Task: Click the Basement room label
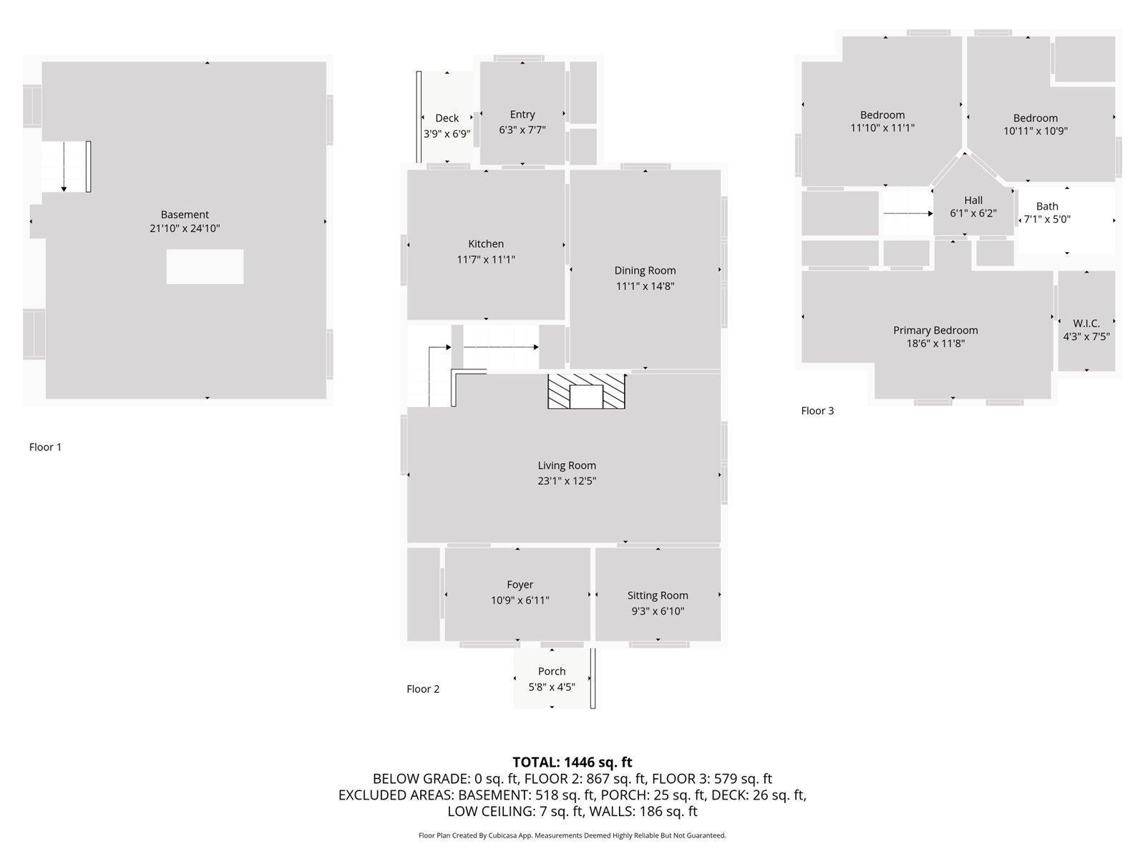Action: click(185, 215)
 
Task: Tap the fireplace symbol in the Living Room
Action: click(586, 392)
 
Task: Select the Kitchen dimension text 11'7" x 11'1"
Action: click(486, 260)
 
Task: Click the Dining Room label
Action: click(645, 271)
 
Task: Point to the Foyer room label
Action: click(520, 585)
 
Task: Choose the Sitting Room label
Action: click(658, 596)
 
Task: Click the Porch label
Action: click(552, 671)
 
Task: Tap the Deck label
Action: click(447, 118)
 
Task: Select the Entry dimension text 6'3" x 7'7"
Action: click(522, 130)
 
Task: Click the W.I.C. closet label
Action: click(1086, 324)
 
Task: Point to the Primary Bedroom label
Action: click(935, 330)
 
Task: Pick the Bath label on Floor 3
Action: click(1047, 206)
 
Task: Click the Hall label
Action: click(973, 200)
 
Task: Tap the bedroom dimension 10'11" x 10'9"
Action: click(1036, 131)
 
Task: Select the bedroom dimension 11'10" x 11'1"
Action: click(882, 128)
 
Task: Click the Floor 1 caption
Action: click(45, 447)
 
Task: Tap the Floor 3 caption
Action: click(817, 411)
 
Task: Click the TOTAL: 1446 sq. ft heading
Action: click(572, 762)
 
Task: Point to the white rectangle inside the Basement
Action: click(205, 267)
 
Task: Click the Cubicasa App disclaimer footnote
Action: click(572, 835)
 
